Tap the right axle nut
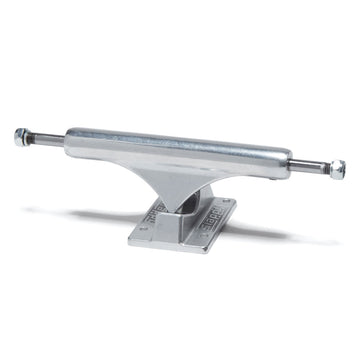click(338, 167)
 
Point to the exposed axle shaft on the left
click(45, 135)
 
